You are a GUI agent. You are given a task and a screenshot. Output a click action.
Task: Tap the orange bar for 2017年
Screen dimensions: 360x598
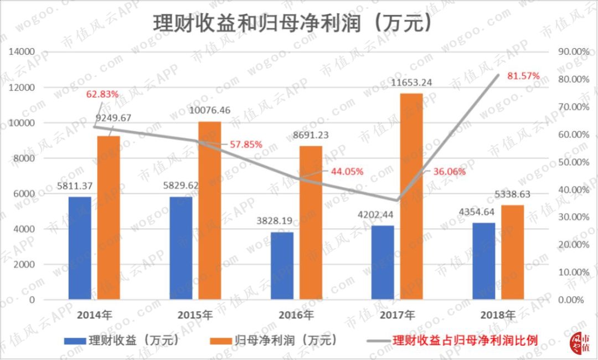(x=411, y=196)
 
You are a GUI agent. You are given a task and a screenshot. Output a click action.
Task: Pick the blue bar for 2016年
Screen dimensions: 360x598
(x=282, y=266)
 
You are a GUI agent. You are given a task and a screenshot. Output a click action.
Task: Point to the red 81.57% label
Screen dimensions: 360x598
(x=520, y=75)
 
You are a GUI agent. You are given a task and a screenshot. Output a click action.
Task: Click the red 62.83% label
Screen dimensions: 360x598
(x=102, y=94)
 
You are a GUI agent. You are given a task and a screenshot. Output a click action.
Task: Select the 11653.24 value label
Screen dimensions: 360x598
(x=411, y=83)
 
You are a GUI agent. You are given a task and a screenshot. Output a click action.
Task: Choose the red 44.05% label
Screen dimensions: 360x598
(x=347, y=171)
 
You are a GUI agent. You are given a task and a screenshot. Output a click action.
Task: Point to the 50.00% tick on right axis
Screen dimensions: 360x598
(x=570, y=162)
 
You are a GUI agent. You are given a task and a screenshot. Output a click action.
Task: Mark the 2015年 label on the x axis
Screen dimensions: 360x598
(x=195, y=316)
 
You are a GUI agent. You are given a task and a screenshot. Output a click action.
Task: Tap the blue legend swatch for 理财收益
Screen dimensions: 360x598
(x=75, y=340)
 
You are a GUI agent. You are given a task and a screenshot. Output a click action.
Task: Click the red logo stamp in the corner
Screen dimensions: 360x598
(x=579, y=344)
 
